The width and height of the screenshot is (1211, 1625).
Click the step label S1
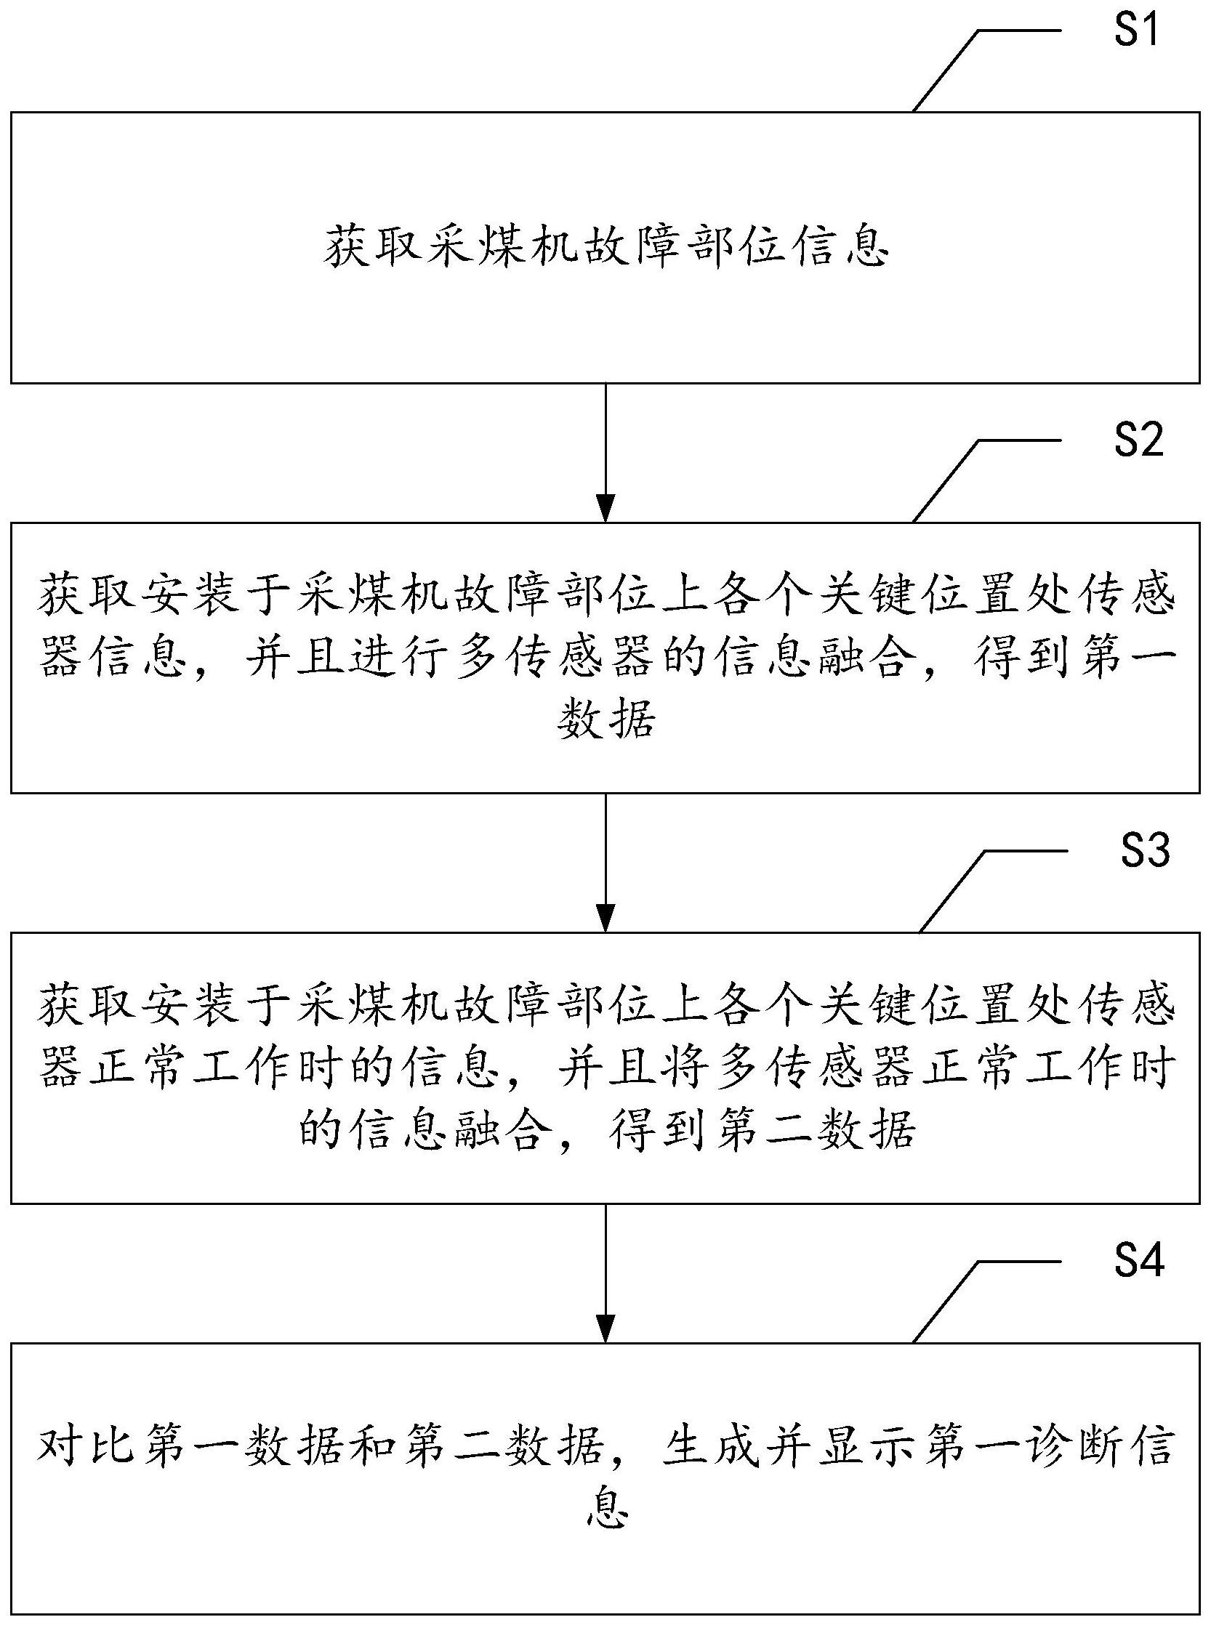tap(1137, 31)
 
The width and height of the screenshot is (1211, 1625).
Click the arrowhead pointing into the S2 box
tap(605, 508)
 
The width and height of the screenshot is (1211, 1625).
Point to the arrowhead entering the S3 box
tap(605, 919)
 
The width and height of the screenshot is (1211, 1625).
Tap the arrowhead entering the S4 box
tap(605, 1329)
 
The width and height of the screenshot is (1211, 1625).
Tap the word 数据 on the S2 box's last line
tap(605, 720)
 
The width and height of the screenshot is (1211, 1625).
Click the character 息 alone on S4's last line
tap(608, 1507)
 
